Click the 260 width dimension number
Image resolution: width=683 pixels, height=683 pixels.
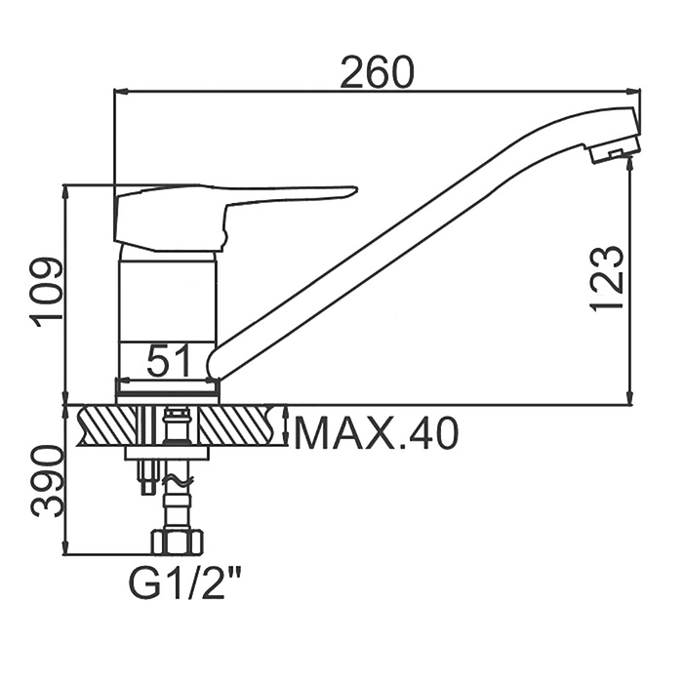pyautogui.click(x=376, y=71)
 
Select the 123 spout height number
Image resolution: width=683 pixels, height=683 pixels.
pyautogui.click(x=606, y=279)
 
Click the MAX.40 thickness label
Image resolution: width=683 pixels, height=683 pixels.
pyautogui.click(x=377, y=433)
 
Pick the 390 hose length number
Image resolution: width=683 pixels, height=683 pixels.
pyautogui.click(x=47, y=481)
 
